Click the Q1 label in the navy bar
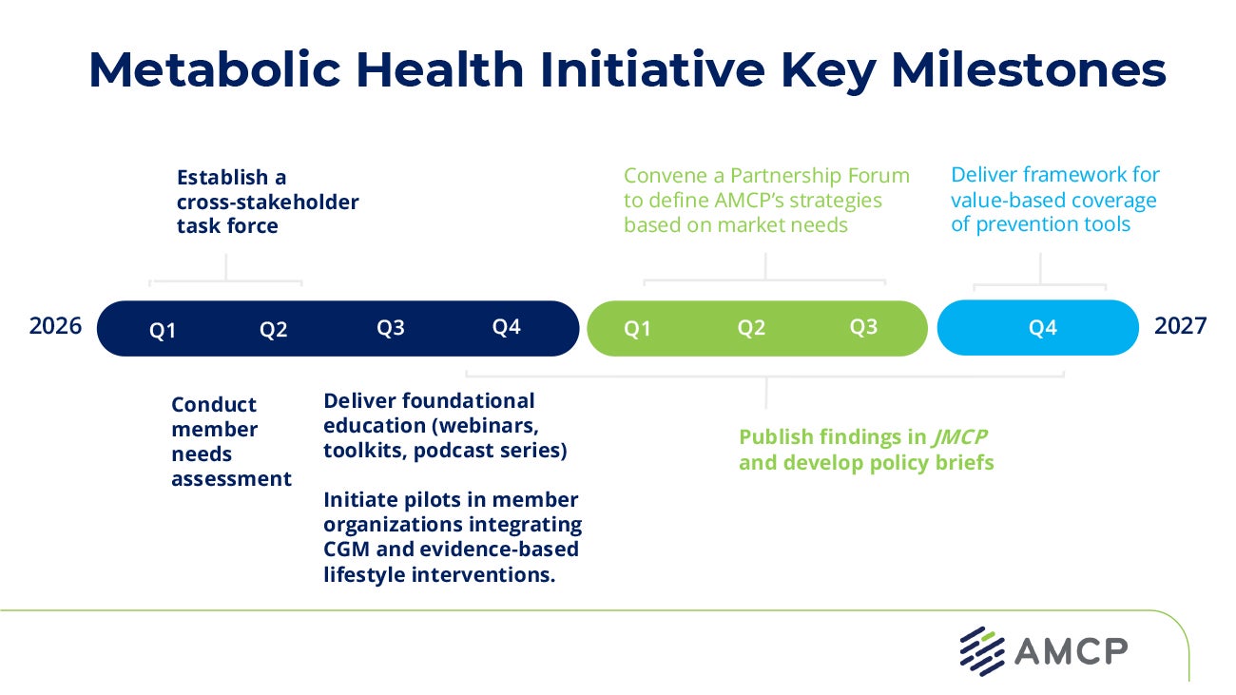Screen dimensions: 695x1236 coord(163,331)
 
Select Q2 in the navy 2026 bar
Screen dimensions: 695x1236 coord(274,331)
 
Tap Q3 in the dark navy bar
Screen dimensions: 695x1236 coord(391,328)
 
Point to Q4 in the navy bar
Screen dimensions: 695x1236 coord(506,327)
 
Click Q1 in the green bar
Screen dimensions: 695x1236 coord(637,329)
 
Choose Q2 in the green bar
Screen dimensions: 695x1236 coord(751,328)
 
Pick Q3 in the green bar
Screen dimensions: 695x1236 coord(863,327)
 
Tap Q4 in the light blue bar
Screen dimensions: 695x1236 coord(1042,328)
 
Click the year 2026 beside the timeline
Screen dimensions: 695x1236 coord(55,326)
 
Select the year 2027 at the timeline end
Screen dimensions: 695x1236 coord(1180,326)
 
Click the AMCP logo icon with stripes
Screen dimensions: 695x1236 coord(982,650)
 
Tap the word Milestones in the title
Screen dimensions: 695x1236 coord(1029,69)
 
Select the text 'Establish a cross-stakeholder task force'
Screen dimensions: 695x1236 coord(267,202)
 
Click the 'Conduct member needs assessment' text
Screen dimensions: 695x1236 coord(231,442)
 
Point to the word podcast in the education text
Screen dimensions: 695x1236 coord(448,451)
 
